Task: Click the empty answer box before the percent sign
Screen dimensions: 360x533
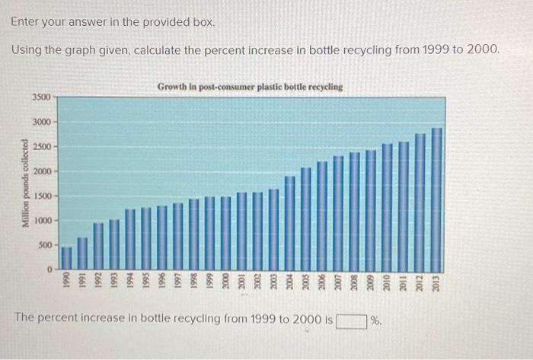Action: click(352, 320)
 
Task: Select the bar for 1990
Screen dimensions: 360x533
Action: click(66, 257)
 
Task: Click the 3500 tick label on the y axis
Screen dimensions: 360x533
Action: click(42, 97)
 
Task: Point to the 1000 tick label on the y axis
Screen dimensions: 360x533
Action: click(42, 221)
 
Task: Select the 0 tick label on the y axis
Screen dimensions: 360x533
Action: click(48, 269)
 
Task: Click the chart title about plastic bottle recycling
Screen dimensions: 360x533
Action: click(250, 88)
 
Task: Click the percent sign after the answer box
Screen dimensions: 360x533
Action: click(375, 320)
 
